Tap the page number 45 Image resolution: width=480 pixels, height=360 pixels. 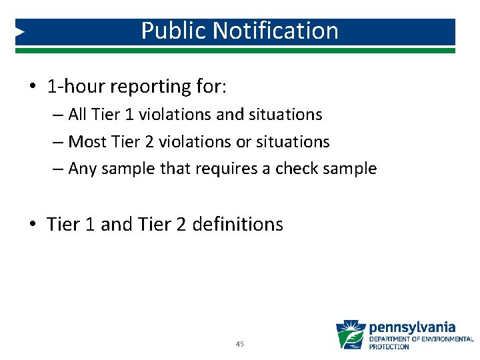pos(240,344)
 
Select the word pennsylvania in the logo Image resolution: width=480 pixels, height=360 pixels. pos(412,327)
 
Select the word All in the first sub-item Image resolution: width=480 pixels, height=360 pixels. pos(78,115)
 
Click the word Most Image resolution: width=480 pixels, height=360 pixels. pos(87,142)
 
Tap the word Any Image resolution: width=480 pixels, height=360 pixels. pos(83,169)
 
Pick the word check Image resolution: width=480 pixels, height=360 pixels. pos(299,169)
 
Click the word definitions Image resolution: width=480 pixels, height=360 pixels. pos(237,225)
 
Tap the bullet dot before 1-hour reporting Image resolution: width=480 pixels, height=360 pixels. pos(33,87)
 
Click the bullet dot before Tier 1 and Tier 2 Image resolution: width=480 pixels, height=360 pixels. pos(33,225)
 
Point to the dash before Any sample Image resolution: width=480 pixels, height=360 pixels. pos(57,169)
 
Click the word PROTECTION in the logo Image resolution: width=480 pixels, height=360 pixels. pos(389,347)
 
